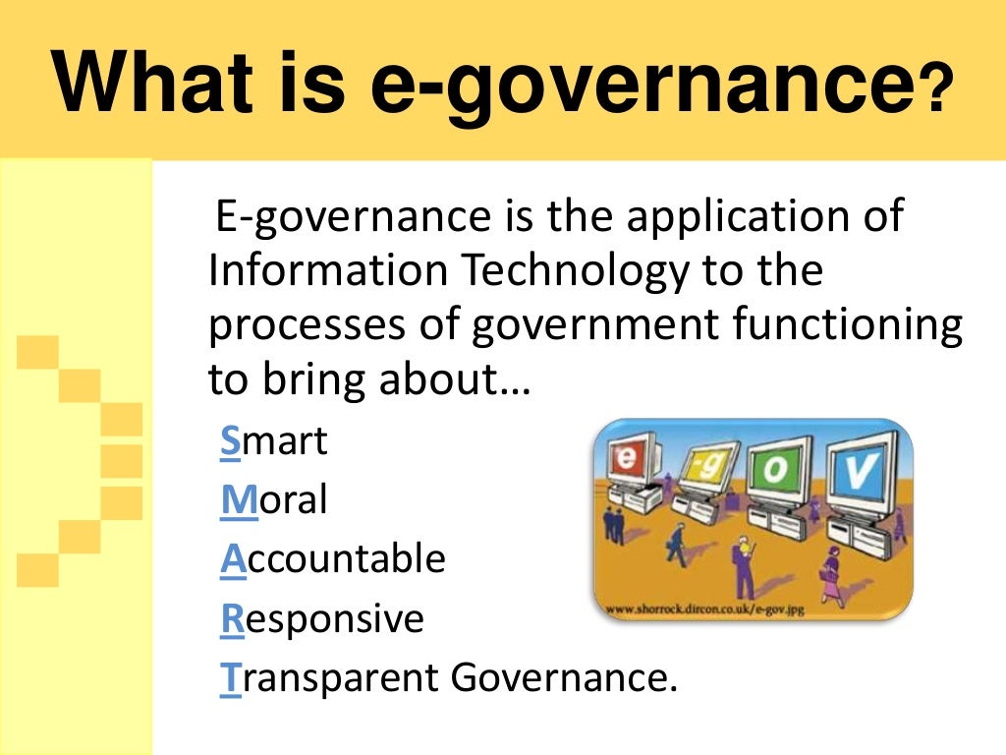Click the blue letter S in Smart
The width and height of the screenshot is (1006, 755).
point(230,443)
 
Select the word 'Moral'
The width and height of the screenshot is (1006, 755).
point(274,501)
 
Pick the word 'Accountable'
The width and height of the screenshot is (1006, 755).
point(333,559)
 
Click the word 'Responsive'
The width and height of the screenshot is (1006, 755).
point(322,618)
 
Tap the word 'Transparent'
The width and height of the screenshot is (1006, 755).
point(330,677)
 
